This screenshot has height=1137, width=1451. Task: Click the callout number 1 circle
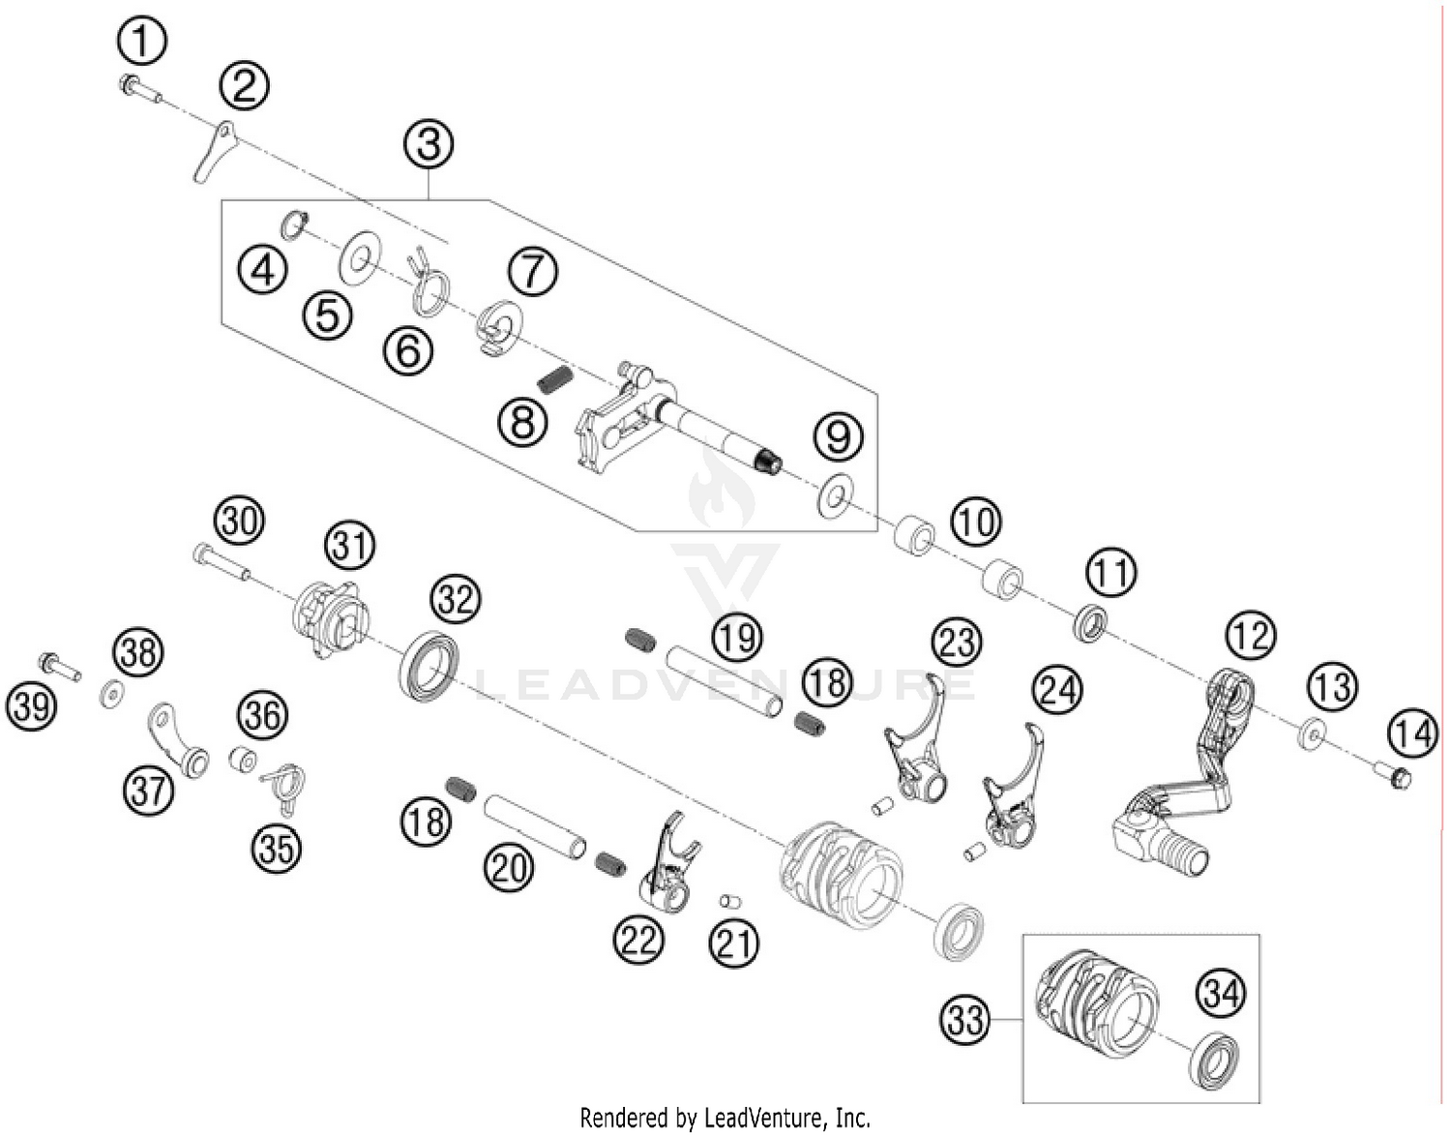pos(142,42)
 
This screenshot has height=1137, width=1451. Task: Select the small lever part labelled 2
pos(213,150)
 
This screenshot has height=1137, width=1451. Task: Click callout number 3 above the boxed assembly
pos(429,144)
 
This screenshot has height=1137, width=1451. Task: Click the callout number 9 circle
pos(838,435)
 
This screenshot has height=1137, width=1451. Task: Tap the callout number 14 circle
pos(1412,733)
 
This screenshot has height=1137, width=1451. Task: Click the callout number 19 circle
pos(737,638)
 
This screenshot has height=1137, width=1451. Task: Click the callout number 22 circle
pos(638,939)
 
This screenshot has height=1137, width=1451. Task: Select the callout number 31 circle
pos(349,545)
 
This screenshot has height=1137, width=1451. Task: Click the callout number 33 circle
pos(964,1020)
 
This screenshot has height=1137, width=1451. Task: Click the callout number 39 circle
pos(31,706)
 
